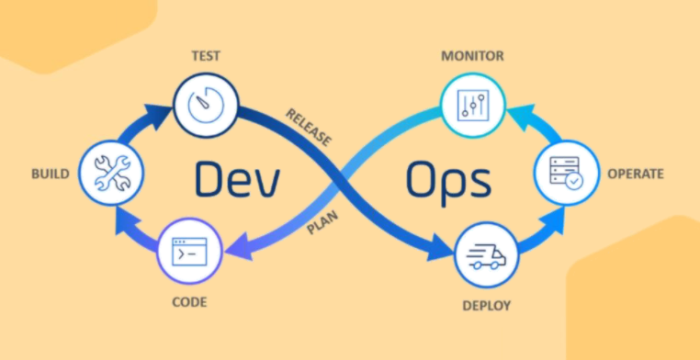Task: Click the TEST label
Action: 206,55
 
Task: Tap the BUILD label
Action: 50,172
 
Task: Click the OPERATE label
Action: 635,172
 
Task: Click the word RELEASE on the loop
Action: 308,127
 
